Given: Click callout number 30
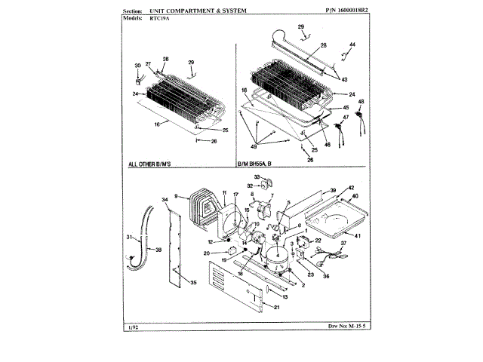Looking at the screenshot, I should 138,66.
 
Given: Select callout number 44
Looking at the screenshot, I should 352,44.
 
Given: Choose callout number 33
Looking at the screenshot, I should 257,176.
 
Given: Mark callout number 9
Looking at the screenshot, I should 175,196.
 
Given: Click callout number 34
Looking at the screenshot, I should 165,200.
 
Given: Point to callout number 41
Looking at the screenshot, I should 358,235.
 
